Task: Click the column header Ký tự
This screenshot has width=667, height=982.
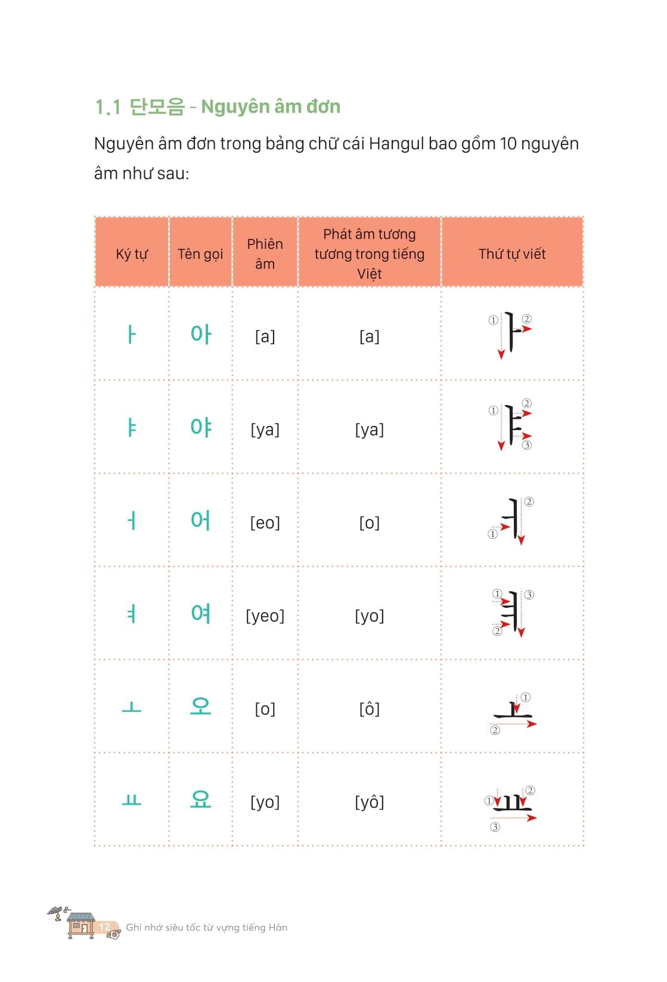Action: [131, 254]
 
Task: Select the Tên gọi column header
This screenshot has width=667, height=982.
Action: [200, 254]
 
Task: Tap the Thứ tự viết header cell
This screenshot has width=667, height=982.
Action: [511, 254]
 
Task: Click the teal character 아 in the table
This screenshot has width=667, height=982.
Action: [201, 334]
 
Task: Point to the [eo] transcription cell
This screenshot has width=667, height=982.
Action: [265, 523]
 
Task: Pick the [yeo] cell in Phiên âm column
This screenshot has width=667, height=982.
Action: [265, 616]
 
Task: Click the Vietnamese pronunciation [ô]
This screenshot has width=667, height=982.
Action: [369, 709]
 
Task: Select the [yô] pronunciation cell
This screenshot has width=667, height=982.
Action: [369, 802]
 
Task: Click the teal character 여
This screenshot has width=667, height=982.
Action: [201, 613]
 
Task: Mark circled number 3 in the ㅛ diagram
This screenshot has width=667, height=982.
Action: [495, 827]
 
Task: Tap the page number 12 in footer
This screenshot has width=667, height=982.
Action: [104, 927]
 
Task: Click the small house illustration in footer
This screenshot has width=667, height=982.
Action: [80, 925]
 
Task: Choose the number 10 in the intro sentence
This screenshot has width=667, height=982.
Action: [508, 144]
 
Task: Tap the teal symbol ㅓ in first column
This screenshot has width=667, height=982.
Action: [131, 521]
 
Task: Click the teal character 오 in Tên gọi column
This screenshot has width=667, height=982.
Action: [201, 707]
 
